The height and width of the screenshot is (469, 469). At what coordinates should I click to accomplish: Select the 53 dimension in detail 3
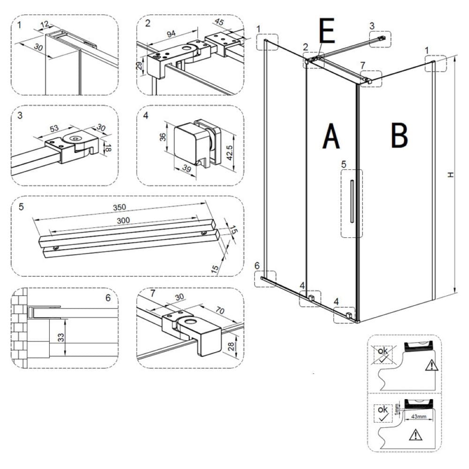tap(53, 129)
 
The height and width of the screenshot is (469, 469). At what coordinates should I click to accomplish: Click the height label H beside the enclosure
tap(451, 174)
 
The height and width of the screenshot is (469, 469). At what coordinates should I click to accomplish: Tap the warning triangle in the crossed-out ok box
tap(430, 366)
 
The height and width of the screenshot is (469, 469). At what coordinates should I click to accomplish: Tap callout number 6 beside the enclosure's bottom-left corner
tap(257, 265)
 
